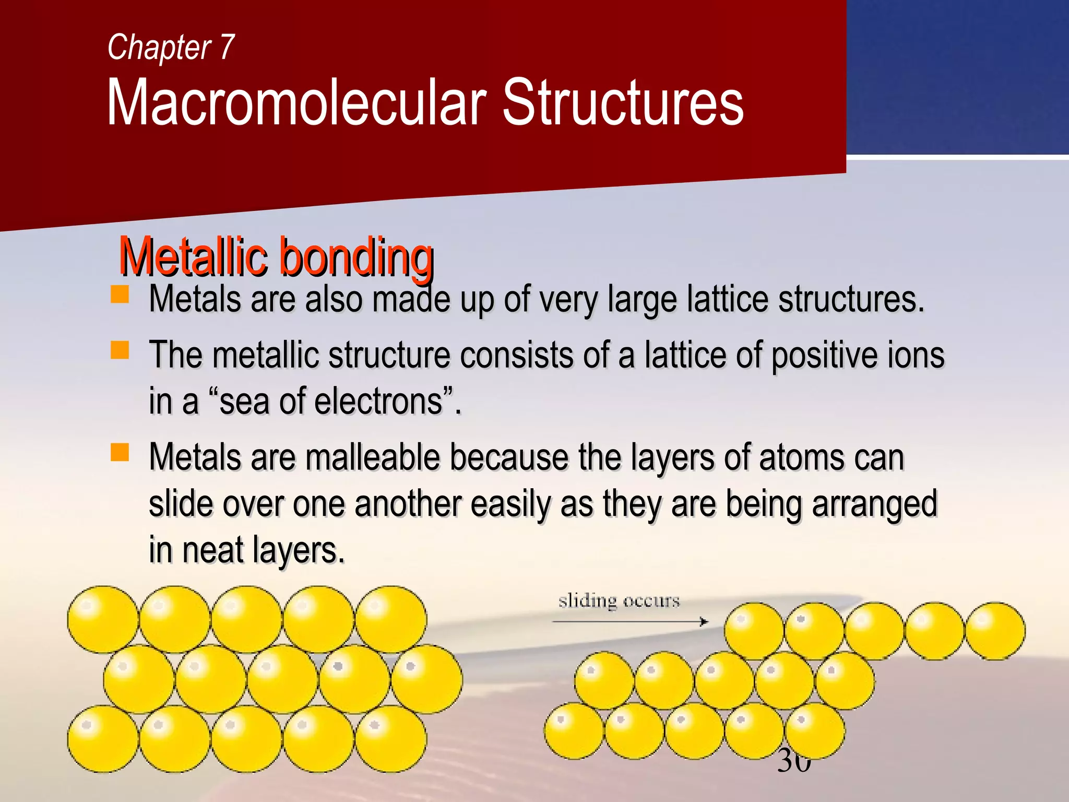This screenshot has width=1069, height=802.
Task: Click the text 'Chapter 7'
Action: coord(171,47)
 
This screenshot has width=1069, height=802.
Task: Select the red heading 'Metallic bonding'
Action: coord(276,257)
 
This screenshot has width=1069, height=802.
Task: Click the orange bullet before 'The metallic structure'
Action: coord(120,350)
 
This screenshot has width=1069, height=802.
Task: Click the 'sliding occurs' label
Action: coord(619,601)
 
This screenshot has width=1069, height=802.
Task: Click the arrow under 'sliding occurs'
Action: coord(629,621)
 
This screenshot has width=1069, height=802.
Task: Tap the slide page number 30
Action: coord(794,762)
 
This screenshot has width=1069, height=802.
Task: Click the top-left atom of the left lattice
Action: coord(103,619)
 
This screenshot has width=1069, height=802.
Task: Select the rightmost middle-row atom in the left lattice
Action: coord(426,679)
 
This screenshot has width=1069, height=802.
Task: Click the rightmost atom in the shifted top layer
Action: coord(995,631)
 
